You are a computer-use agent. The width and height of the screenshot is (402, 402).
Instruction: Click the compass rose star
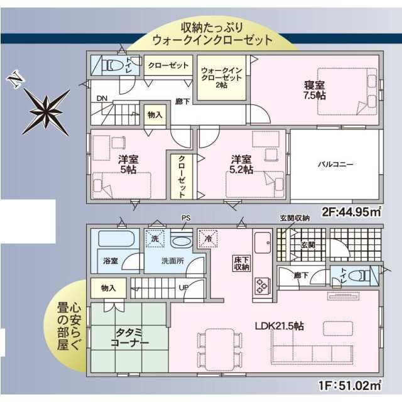[x=46, y=112]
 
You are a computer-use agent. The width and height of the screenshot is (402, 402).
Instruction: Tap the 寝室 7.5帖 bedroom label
[x=315, y=90]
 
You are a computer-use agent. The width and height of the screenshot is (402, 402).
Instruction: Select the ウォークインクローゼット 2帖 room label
[x=222, y=78]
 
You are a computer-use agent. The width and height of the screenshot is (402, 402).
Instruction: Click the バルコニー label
[x=335, y=164]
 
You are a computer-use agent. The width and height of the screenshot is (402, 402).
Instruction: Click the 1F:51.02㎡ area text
[x=350, y=385]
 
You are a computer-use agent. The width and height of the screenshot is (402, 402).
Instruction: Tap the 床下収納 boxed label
[x=241, y=263]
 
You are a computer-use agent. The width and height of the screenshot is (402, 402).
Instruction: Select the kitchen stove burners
[x=263, y=285]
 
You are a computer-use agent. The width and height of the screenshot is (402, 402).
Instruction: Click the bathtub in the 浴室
[x=117, y=239]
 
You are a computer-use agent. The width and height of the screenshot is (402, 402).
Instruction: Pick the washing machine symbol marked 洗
[x=155, y=239]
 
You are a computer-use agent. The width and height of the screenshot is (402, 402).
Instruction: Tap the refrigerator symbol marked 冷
[x=208, y=239]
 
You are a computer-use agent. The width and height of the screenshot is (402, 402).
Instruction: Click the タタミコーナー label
[x=129, y=338]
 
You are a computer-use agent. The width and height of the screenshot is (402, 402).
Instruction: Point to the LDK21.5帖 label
[x=279, y=326]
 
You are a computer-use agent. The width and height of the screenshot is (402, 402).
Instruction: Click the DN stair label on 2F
[x=102, y=98]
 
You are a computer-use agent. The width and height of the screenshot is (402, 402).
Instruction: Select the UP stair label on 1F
[x=183, y=288]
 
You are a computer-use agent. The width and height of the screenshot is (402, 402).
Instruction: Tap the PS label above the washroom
[x=186, y=218]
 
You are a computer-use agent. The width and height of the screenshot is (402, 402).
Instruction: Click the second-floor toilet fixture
[x=113, y=65]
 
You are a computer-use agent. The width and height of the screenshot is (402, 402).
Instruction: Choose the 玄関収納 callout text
[x=295, y=218]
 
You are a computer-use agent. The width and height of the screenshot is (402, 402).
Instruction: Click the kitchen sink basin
[x=263, y=242]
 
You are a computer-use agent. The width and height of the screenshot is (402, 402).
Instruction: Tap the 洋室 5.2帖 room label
[x=241, y=165]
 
